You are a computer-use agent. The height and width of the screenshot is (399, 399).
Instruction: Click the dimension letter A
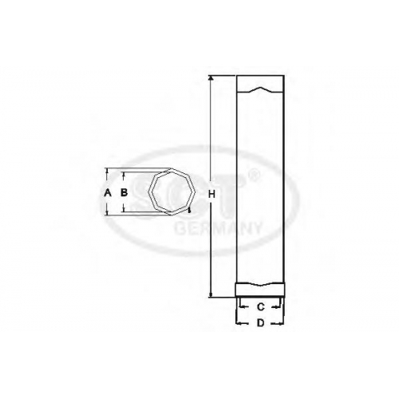108,192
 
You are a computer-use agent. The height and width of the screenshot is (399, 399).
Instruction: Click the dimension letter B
124,192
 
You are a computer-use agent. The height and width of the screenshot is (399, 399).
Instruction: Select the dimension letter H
211,195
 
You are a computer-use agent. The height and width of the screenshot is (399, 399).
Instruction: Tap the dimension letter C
261,306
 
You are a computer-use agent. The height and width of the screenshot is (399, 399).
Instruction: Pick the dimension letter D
261,323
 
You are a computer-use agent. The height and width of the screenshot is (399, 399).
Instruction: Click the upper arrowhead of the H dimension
211,78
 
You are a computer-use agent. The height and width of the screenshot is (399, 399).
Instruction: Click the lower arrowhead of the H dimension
211,294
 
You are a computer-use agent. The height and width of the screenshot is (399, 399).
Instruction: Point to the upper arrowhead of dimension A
107,171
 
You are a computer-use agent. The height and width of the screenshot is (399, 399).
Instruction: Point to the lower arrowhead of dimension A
107,212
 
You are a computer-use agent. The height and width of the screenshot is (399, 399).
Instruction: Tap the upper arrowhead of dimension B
124,175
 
